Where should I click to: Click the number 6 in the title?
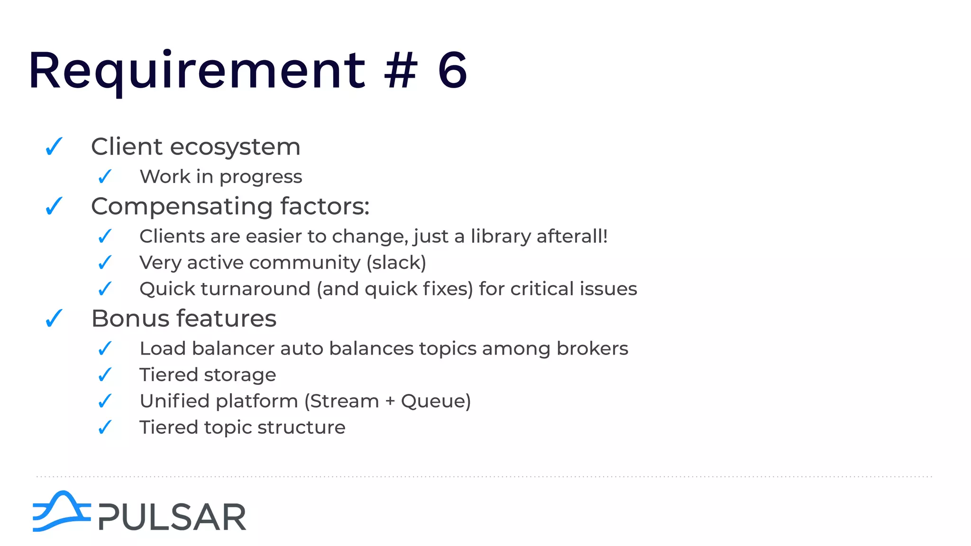pyautogui.click(x=452, y=71)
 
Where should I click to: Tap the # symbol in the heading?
pyautogui.click(x=401, y=71)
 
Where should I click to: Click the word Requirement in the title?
pyautogui.click(x=197, y=71)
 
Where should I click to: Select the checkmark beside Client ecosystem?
pyautogui.click(x=54, y=146)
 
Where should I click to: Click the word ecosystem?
pyautogui.click(x=235, y=147)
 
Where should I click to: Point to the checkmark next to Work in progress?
pyautogui.click(x=105, y=177)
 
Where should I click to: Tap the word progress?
pyautogui.click(x=261, y=177)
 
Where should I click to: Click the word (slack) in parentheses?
pyautogui.click(x=396, y=263)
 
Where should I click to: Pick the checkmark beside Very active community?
pyautogui.click(x=105, y=263)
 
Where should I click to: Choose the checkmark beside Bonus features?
pyautogui.click(x=54, y=318)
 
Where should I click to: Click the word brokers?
pyautogui.click(x=592, y=349)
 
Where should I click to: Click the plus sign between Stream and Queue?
pyautogui.click(x=390, y=402)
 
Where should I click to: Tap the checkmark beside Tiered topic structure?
pyautogui.click(x=105, y=428)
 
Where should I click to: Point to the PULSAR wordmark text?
pyautogui.click(x=172, y=517)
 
